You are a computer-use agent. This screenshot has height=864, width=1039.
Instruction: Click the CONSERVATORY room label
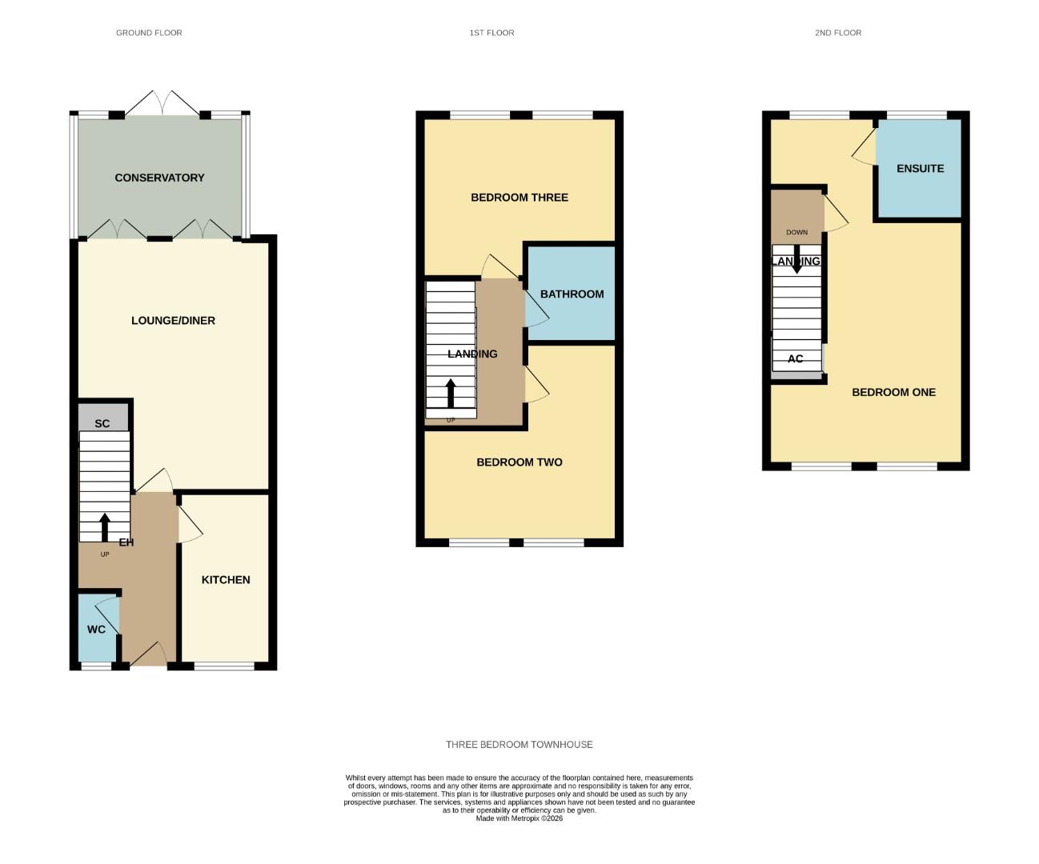pyautogui.click(x=159, y=178)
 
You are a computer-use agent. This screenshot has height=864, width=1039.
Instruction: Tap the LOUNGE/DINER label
pyautogui.click(x=173, y=321)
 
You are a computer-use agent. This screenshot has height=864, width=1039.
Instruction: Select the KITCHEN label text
pyautogui.click(x=226, y=580)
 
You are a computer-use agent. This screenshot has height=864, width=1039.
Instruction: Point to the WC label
pyautogui.click(x=96, y=630)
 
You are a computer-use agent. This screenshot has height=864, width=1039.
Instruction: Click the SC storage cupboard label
pyautogui.click(x=102, y=423)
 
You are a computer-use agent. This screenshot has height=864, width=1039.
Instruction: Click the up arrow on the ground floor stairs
pyautogui.click(x=105, y=526)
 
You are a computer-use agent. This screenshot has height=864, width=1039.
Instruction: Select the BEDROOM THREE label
pyautogui.click(x=519, y=198)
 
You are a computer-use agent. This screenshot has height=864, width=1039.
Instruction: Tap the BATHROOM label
pyautogui.click(x=572, y=294)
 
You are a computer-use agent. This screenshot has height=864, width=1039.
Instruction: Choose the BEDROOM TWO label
pyautogui.click(x=519, y=462)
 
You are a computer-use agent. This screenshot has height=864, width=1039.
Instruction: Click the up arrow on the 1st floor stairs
pyautogui.click(x=451, y=393)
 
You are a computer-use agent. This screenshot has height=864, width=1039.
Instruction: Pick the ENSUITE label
pyautogui.click(x=920, y=169)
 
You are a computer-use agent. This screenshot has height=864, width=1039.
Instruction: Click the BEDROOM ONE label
pyautogui.click(x=893, y=393)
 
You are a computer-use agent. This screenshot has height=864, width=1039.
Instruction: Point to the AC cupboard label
pyautogui.click(x=795, y=359)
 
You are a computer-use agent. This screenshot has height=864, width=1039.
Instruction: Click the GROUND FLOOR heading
pyautogui.click(x=149, y=33)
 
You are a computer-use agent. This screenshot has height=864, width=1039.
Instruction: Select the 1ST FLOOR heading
pyautogui.click(x=491, y=33)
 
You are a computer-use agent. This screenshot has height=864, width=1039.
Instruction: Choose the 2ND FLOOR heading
pyautogui.click(x=838, y=33)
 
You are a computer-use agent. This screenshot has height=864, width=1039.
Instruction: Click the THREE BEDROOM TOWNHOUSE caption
pyautogui.click(x=519, y=745)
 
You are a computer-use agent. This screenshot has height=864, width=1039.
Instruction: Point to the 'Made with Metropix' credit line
pyautogui.click(x=519, y=818)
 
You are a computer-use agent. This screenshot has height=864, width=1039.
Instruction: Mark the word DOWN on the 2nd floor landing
pyautogui.click(x=796, y=233)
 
